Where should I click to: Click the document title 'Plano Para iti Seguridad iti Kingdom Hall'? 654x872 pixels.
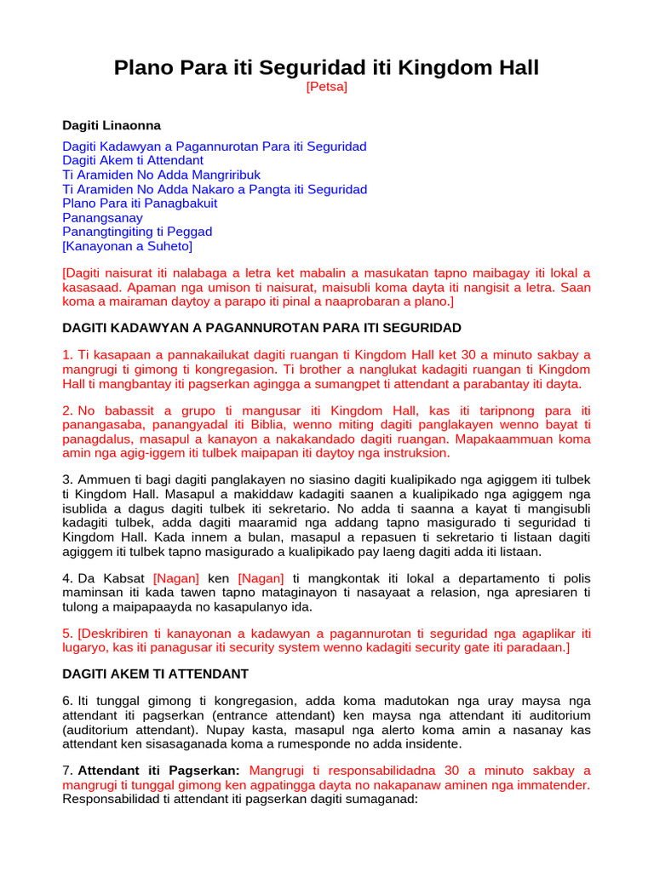[x=327, y=68]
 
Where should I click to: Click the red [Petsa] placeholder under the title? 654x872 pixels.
[x=327, y=88]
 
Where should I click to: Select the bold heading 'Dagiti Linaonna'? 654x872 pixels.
[x=112, y=125]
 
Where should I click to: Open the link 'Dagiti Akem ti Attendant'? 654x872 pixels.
[x=133, y=160]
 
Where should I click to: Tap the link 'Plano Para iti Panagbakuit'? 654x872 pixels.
[x=140, y=204]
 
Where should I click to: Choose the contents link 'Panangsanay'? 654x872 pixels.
[x=102, y=218]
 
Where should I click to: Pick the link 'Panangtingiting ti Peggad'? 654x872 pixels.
[x=137, y=232]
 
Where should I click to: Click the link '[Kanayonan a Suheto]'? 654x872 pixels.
[x=128, y=246]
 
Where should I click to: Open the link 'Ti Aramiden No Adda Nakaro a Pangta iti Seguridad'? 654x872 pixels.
[x=215, y=189]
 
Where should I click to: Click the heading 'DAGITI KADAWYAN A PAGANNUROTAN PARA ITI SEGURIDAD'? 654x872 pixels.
[x=262, y=327]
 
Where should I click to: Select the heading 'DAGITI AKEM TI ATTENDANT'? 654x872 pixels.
[x=156, y=674]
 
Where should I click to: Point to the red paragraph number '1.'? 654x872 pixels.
[x=67, y=355]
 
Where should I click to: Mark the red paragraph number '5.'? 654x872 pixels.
[x=67, y=634]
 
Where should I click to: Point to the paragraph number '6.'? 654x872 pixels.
[x=67, y=702]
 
